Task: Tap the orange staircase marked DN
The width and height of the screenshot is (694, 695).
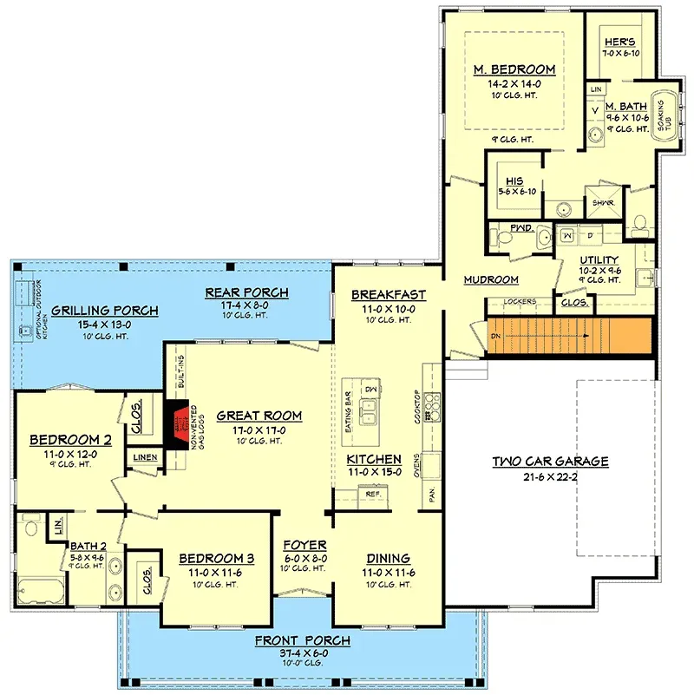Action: (x=568, y=336)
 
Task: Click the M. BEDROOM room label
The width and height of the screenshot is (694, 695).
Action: (x=514, y=69)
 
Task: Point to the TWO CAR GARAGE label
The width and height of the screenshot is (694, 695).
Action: (x=550, y=462)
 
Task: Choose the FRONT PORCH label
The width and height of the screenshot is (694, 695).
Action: (x=303, y=641)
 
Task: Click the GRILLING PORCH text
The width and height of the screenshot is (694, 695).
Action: (x=104, y=311)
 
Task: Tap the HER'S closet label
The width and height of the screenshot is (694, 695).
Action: (x=614, y=42)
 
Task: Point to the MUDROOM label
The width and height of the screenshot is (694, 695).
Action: (x=490, y=279)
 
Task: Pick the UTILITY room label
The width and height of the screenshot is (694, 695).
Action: (x=599, y=259)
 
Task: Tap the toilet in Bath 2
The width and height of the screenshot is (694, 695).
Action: (x=32, y=525)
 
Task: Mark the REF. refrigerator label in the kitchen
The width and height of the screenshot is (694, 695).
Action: (x=374, y=494)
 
